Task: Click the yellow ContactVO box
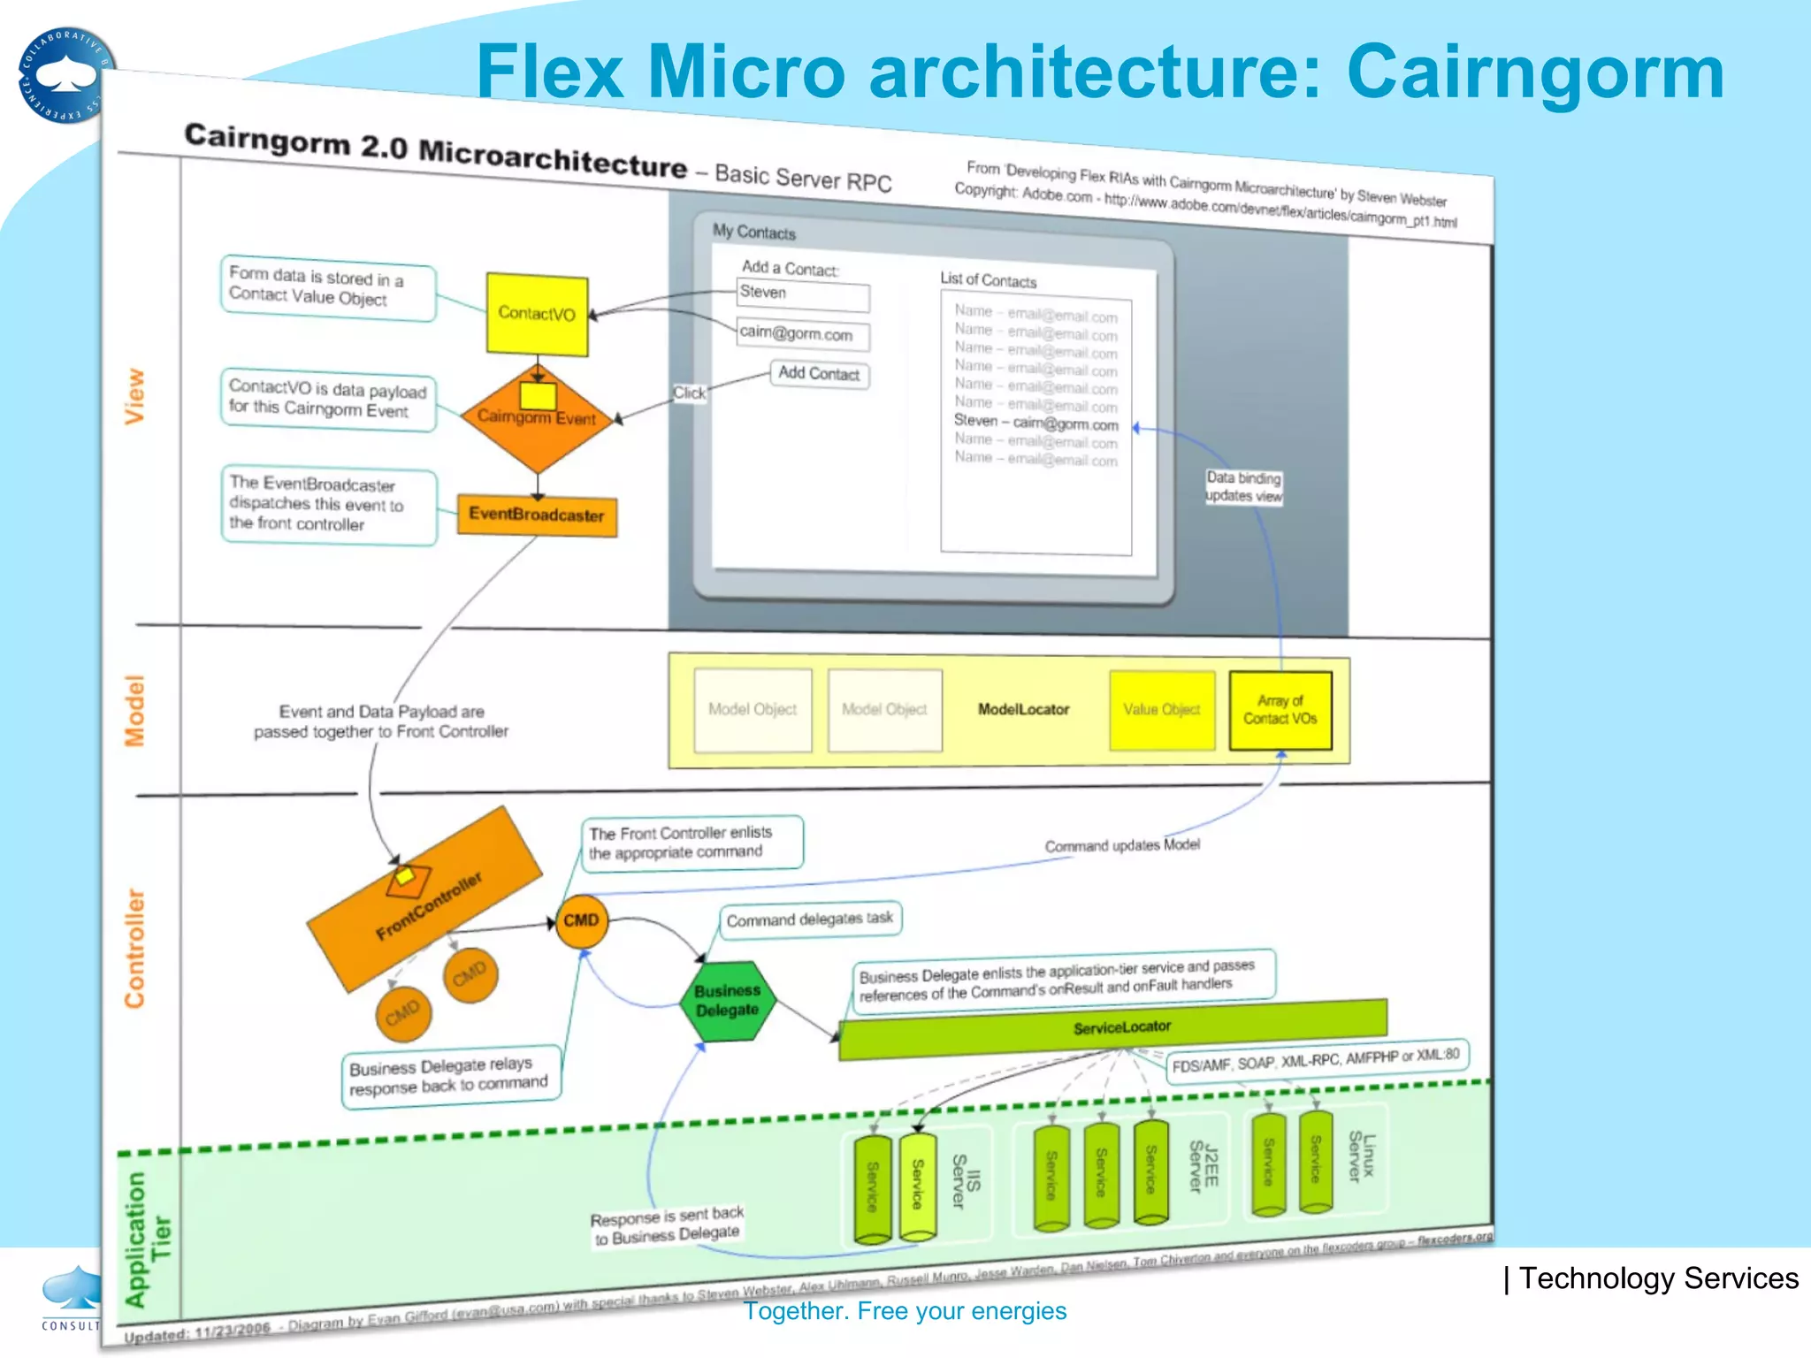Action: tap(537, 314)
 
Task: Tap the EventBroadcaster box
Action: tap(537, 515)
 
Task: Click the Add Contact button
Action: tap(819, 374)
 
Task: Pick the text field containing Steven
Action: tap(802, 294)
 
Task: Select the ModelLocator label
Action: tap(1023, 709)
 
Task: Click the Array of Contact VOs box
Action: tap(1280, 710)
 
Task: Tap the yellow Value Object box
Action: tap(1161, 710)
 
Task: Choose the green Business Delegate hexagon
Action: tap(727, 1001)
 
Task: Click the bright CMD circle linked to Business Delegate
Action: tap(581, 921)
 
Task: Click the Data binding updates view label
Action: tap(1243, 487)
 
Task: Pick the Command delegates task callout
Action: tap(809, 919)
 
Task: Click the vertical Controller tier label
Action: tap(134, 948)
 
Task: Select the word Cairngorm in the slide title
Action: tap(1534, 72)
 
